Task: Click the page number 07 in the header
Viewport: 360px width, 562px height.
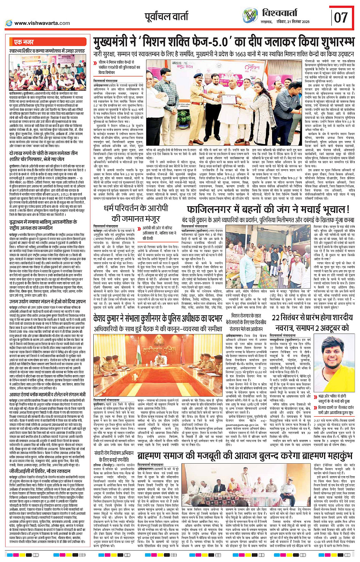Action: coord(341,17)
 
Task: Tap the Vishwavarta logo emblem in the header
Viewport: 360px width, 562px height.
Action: coord(251,17)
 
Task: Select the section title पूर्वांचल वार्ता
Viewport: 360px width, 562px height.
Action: coord(166,17)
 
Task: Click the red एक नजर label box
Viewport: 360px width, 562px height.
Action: coord(24,42)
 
